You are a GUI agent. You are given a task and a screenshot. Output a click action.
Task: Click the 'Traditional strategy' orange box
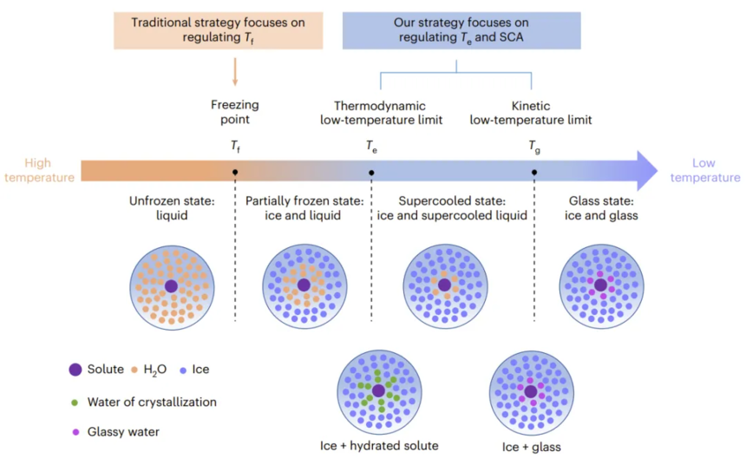pyautogui.click(x=218, y=29)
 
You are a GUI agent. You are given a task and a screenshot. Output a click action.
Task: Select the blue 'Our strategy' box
pyautogui.click(x=461, y=29)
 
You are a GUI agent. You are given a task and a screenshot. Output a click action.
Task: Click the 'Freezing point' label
pyautogui.click(x=235, y=112)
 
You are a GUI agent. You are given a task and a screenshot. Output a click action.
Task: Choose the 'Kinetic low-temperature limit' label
pyautogui.click(x=531, y=112)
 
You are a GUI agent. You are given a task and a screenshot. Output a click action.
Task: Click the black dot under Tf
pyautogui.click(x=236, y=173)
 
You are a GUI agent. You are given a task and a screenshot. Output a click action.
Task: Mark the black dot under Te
pyautogui.click(x=372, y=173)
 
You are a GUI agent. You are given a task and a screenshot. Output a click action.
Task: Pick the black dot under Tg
pyautogui.click(x=533, y=173)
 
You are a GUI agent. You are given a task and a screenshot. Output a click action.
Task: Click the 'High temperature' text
pyautogui.click(x=37, y=170)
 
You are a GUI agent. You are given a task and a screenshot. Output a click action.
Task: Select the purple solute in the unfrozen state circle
pyautogui.click(x=171, y=285)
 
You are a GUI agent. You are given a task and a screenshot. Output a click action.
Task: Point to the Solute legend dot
pyautogui.click(x=76, y=370)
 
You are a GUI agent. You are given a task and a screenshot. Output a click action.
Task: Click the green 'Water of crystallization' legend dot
pyautogui.click(x=75, y=402)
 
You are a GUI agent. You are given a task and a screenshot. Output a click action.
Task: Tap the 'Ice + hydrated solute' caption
pyautogui.click(x=379, y=446)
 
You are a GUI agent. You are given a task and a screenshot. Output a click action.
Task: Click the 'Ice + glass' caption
pyautogui.click(x=531, y=447)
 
